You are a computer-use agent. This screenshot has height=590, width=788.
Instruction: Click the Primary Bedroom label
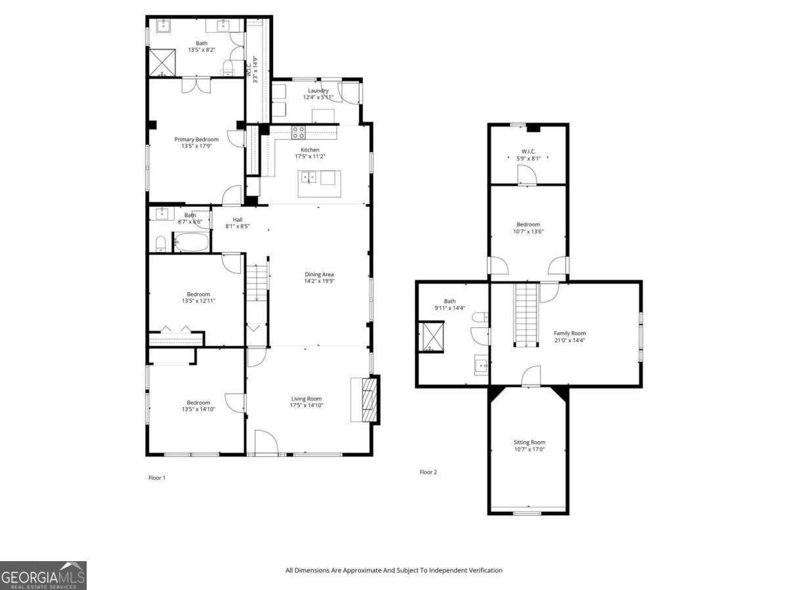tap(196, 139)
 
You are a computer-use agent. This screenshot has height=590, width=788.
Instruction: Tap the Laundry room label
tap(318, 91)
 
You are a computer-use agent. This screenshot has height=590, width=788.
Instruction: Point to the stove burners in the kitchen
tap(298, 133)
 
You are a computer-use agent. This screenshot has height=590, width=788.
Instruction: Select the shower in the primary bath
tap(162, 60)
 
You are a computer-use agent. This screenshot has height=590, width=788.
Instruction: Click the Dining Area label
tap(319, 274)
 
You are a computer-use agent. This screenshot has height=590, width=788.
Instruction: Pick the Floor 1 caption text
tap(157, 478)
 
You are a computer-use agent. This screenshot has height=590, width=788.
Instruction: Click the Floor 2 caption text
tap(428, 472)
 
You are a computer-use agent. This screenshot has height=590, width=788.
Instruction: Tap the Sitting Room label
tap(529, 442)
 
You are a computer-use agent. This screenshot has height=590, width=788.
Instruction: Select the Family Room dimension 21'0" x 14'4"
tap(569, 340)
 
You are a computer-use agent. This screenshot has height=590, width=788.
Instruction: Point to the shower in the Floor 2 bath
tap(431, 337)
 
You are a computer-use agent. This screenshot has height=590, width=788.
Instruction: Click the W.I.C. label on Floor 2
tap(528, 151)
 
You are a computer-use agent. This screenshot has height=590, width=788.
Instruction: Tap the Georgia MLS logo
tap(43, 576)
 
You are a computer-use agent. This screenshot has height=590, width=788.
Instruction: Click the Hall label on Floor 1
tap(237, 220)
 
